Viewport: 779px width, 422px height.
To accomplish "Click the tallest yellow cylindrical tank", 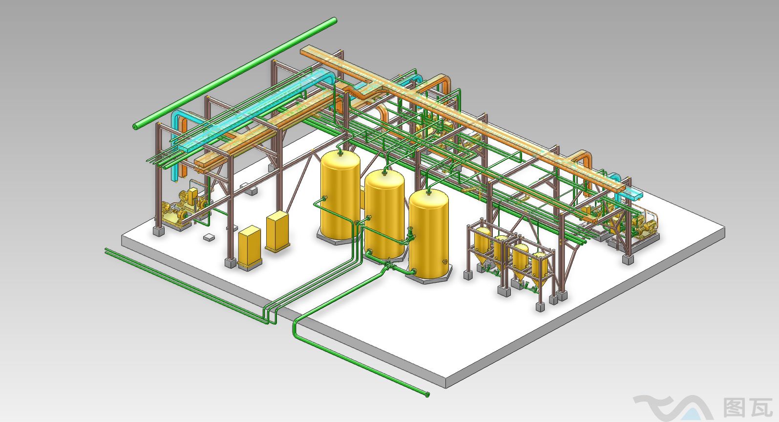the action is tap(340, 195).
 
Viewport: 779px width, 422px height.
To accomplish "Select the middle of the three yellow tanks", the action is tap(384, 214).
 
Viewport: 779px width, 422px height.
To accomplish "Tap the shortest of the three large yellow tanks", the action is tap(429, 234).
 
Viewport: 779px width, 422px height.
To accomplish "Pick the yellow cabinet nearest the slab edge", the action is tap(249, 246).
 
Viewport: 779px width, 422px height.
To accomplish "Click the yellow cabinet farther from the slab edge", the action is tap(277, 231).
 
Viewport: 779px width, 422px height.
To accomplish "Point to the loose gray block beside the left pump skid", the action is tap(209, 238).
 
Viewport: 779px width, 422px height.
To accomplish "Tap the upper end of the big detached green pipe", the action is tap(334, 21).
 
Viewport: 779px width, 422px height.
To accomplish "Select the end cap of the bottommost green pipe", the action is tap(427, 395).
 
